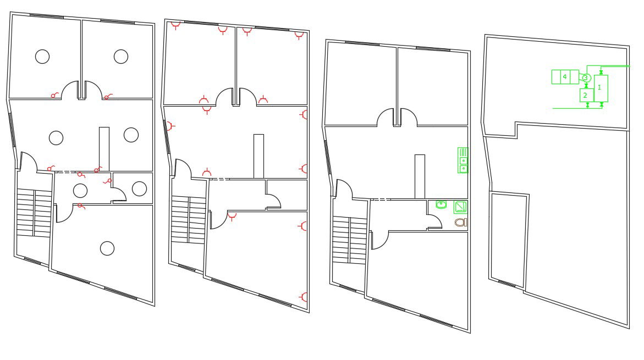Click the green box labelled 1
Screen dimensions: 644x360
[601, 87]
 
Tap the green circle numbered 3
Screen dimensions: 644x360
[586, 78]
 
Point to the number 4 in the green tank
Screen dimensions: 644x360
[565, 77]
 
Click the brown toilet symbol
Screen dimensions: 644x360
[460, 223]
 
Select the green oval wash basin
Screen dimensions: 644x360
[441, 205]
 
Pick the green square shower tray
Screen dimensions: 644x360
[460, 207]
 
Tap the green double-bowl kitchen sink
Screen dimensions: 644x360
[463, 160]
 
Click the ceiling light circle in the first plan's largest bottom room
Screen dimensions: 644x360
[107, 248]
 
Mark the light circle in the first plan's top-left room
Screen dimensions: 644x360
[42, 56]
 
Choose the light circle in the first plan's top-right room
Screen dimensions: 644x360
[121, 56]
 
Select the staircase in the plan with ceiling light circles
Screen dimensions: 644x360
[34, 213]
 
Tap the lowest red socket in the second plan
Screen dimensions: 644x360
[305, 297]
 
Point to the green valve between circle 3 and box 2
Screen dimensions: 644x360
[586, 86]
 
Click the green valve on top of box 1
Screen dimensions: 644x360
[601, 72]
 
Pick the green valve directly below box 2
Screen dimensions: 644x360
[587, 105]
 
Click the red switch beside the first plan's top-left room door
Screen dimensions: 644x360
[54, 96]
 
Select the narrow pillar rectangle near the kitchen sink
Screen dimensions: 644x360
[420, 176]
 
